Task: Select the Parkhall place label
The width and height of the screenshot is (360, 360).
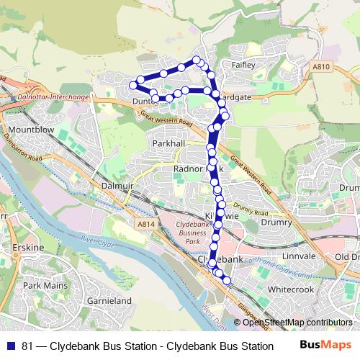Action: point(169,144)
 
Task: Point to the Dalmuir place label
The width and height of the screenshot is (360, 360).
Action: point(119,184)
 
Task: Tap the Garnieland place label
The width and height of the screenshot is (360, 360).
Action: point(108,300)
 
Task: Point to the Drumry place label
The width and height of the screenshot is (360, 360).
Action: point(277,223)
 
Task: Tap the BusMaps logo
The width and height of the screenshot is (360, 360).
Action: point(323,346)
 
